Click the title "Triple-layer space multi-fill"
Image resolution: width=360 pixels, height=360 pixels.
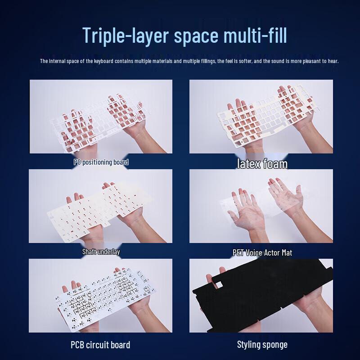coord(184,35)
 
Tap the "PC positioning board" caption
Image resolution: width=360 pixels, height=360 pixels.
coord(101,162)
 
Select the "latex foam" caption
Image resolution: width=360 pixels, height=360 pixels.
coord(262,163)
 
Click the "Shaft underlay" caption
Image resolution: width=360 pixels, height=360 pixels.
coord(101,252)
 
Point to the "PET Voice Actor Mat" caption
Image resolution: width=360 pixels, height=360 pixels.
coord(262,252)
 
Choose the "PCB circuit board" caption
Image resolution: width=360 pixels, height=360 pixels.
coord(100,345)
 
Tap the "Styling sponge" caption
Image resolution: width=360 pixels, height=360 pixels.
coord(262,345)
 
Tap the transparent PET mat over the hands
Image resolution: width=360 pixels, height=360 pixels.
coord(261,207)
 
